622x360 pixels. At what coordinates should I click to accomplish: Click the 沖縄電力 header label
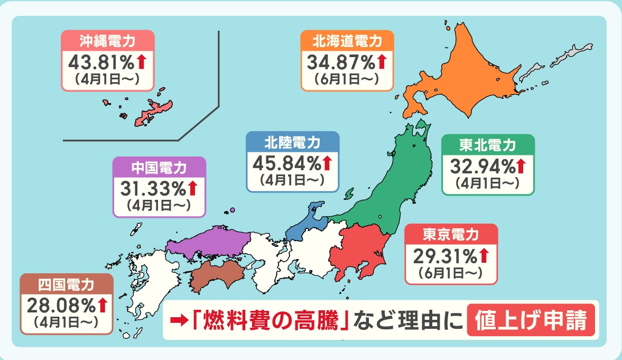(x=107, y=40)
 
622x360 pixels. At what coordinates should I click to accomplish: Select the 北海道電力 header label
(x=347, y=40)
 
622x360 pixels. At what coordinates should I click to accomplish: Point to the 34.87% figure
(x=341, y=62)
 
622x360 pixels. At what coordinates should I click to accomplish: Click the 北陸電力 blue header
(x=292, y=142)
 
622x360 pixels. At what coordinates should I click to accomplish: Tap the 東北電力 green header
(x=487, y=145)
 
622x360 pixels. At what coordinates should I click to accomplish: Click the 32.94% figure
(x=482, y=167)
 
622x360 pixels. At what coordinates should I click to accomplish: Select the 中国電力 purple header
(x=159, y=168)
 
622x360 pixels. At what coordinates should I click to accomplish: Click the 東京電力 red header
(x=450, y=234)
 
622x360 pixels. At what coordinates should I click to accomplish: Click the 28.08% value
(x=61, y=306)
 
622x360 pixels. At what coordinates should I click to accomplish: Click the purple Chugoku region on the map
(x=209, y=241)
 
